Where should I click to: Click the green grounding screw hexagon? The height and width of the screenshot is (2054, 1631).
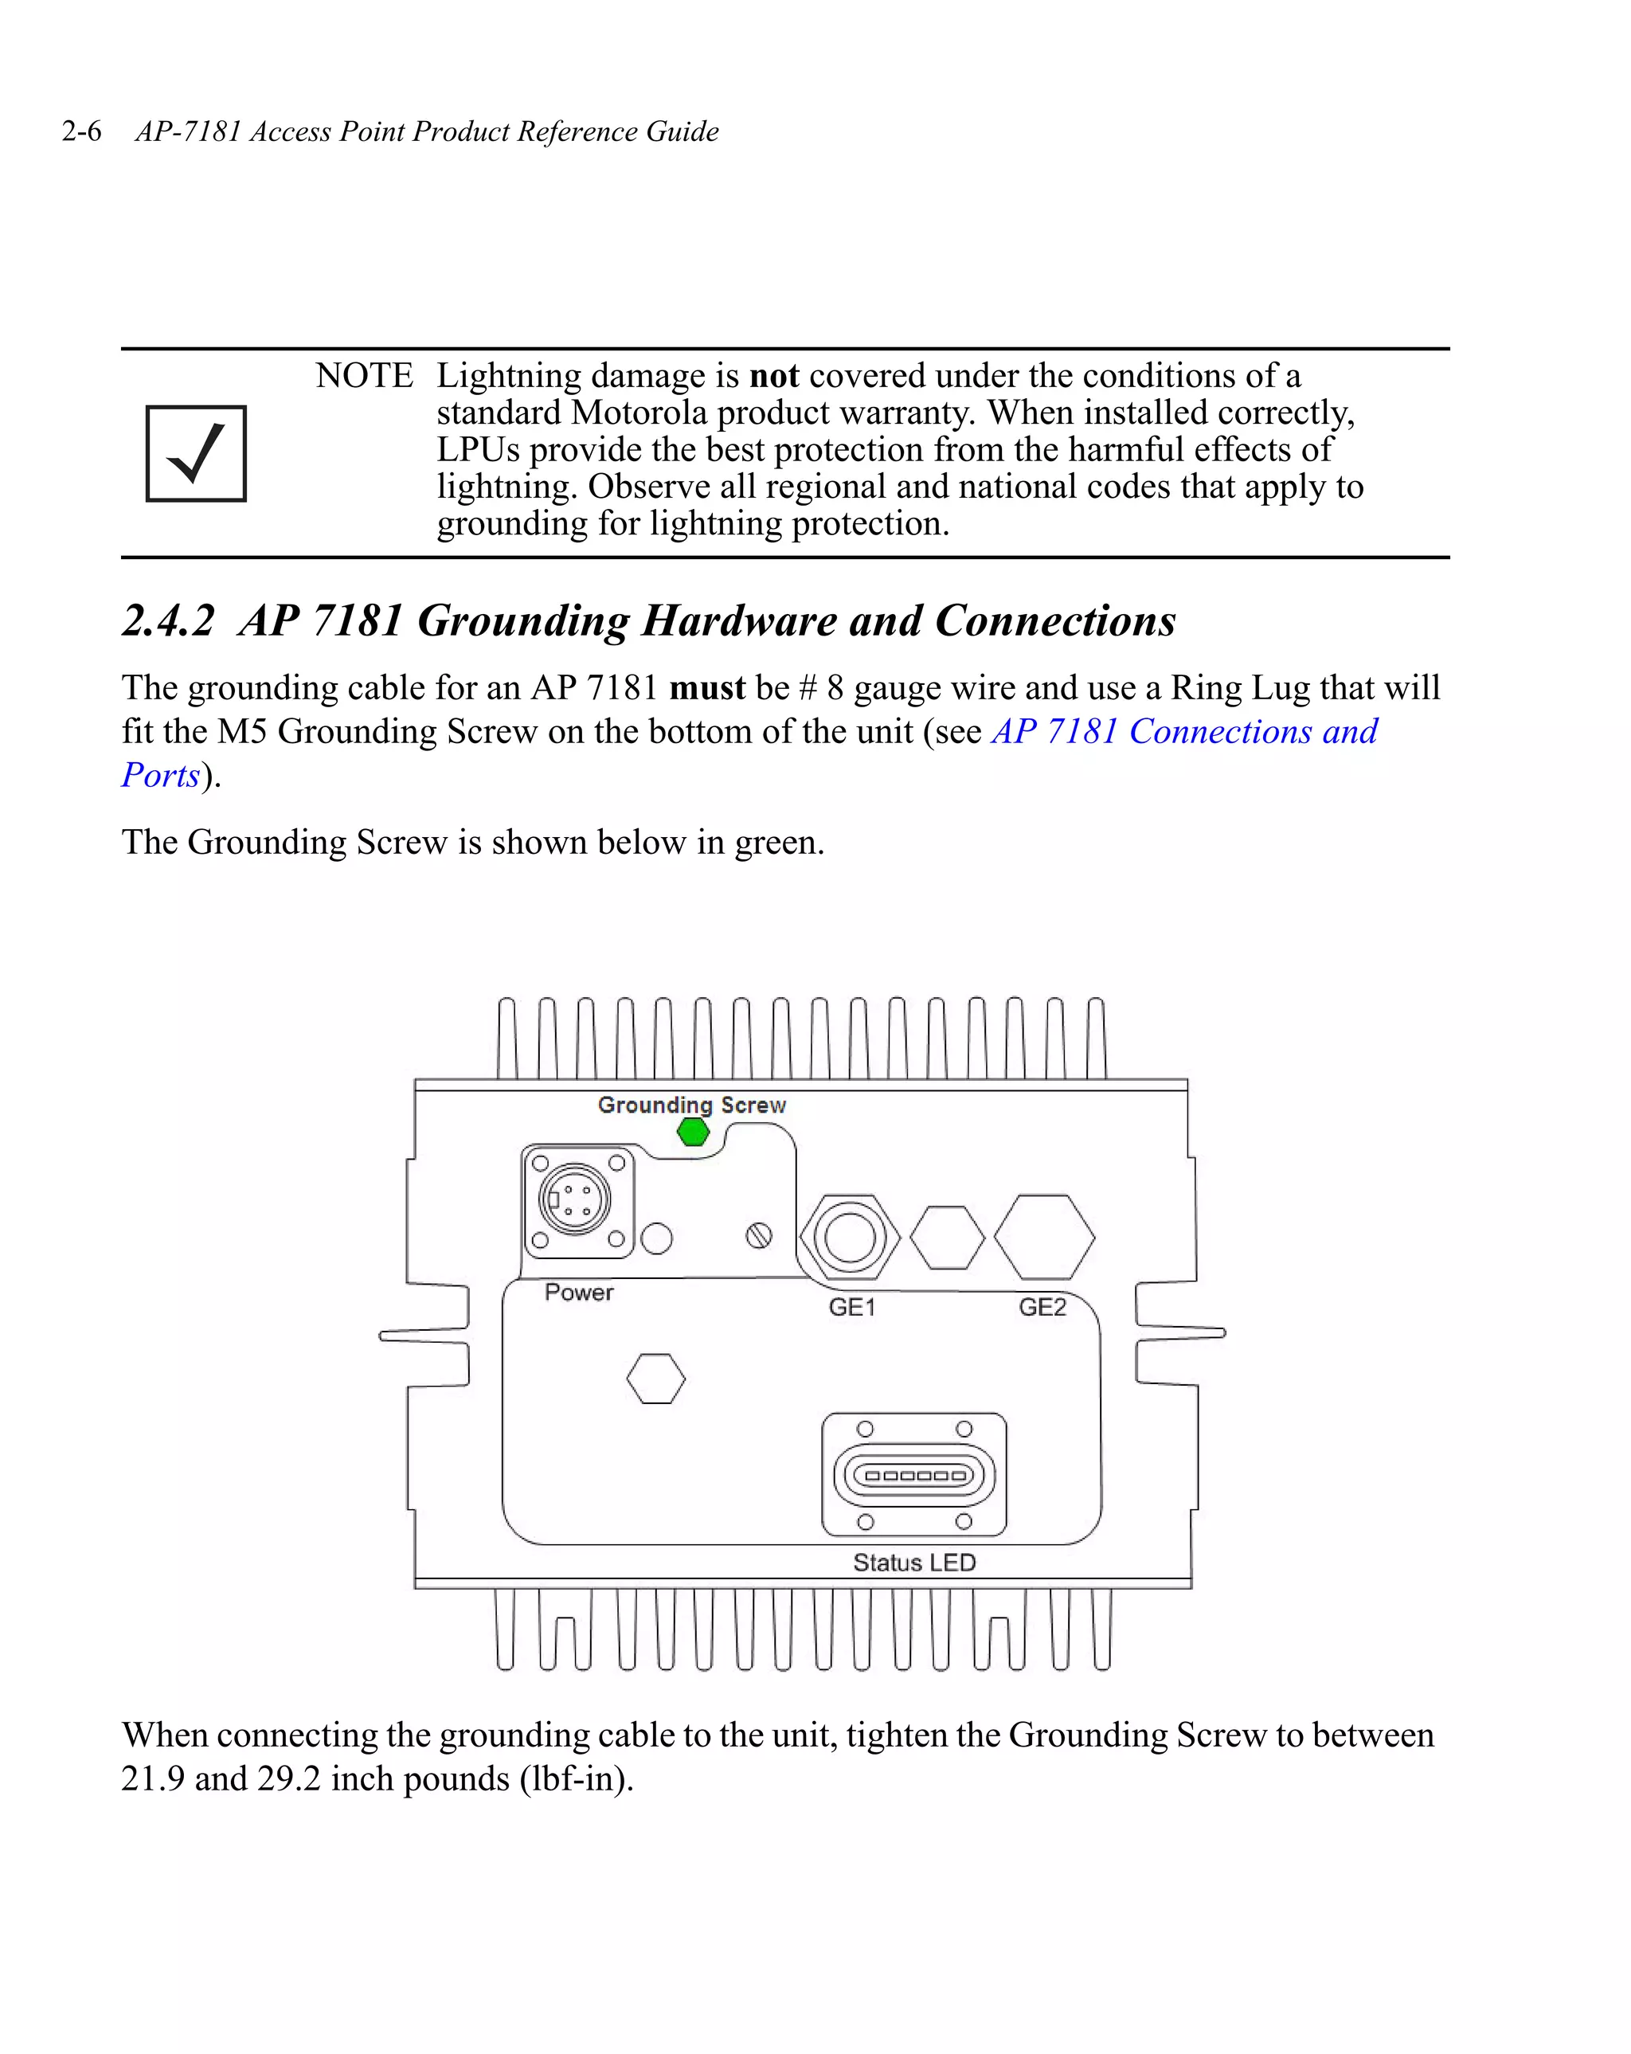tap(693, 1132)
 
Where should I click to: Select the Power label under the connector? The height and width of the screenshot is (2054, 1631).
tap(578, 1292)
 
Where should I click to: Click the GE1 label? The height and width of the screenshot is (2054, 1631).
tap(851, 1306)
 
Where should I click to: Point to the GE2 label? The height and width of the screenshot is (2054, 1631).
tap(1042, 1306)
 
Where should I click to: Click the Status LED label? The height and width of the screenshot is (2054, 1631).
tap(913, 1563)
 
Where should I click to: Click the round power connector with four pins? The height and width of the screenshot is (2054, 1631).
tap(573, 1200)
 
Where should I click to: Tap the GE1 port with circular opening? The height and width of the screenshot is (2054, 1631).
tap(849, 1238)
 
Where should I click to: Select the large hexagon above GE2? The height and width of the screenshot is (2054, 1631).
tap(1044, 1237)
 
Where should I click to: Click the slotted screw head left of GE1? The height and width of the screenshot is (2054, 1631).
tap(758, 1235)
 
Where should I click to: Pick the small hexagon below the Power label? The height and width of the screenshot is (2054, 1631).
tap(655, 1379)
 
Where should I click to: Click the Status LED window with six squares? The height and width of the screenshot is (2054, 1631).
tap(913, 1476)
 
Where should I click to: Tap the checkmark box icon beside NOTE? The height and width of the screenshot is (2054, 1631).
tap(196, 453)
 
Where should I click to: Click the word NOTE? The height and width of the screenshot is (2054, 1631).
tap(364, 375)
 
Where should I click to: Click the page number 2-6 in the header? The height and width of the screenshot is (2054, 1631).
tap(81, 131)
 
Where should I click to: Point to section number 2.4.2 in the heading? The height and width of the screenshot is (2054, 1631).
tap(169, 620)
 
